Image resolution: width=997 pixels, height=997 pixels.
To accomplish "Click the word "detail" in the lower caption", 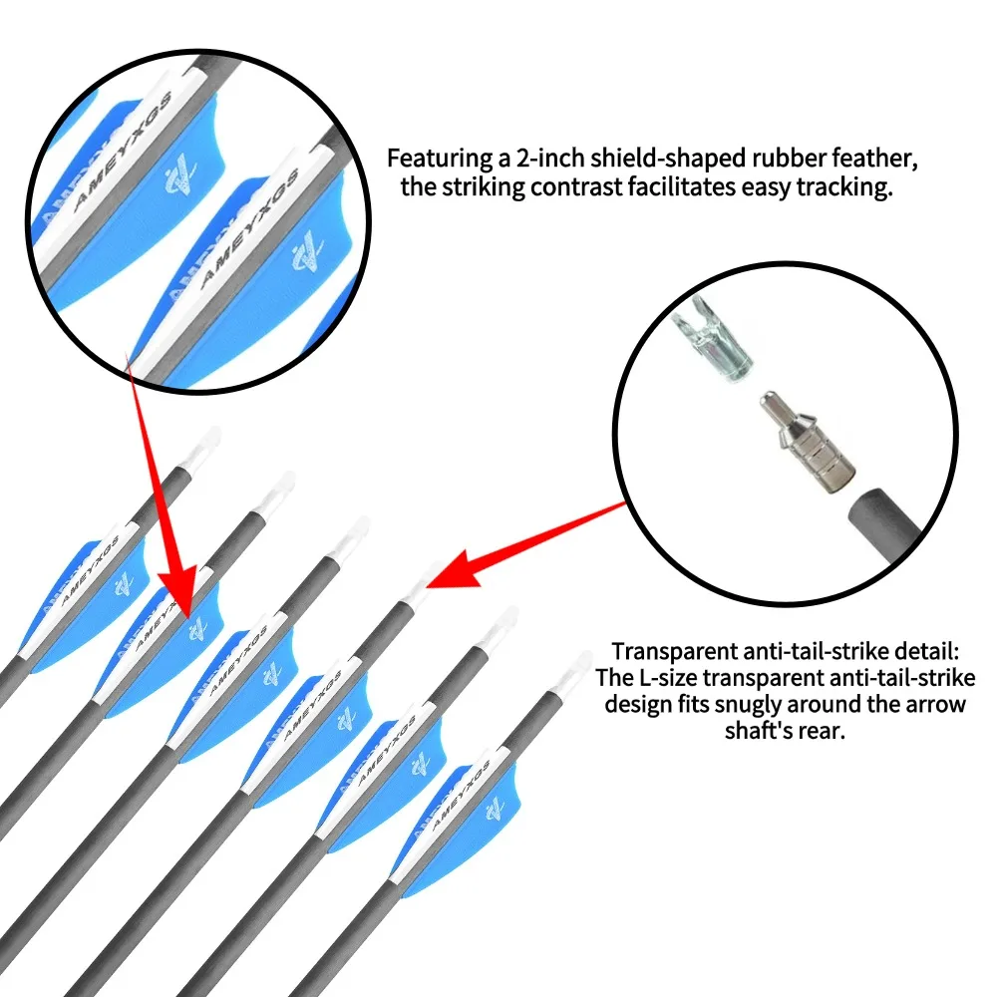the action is (x=926, y=651).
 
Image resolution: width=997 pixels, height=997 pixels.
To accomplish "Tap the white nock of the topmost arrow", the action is (x=204, y=449).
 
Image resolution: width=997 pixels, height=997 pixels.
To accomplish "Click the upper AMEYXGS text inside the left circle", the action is (x=124, y=152).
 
